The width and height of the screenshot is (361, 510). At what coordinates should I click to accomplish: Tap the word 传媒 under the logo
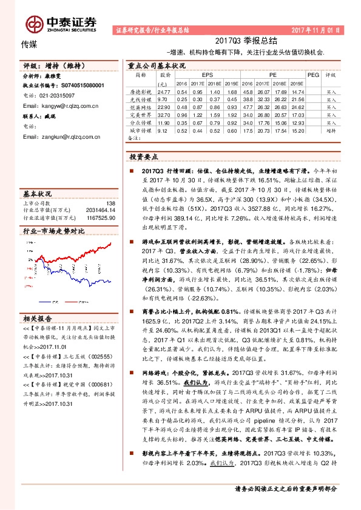tap(28, 44)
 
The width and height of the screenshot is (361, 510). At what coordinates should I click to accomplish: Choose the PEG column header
tap(312, 75)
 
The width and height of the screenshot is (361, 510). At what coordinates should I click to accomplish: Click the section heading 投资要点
tap(144, 156)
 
